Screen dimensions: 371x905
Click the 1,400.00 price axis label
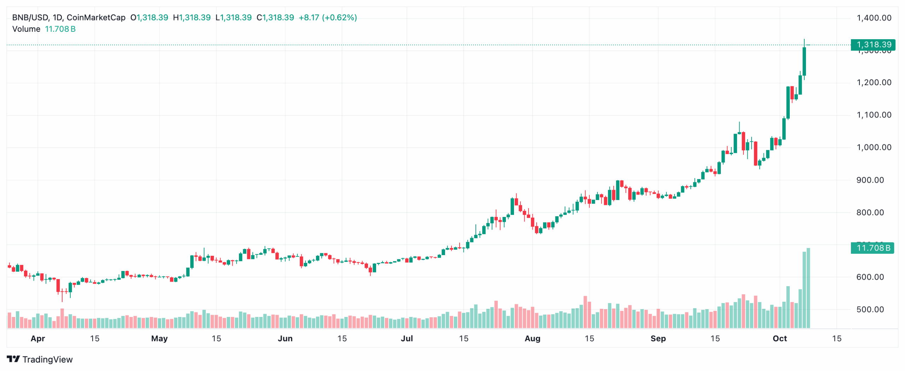click(x=873, y=18)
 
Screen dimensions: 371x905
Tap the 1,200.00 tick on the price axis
click(x=873, y=83)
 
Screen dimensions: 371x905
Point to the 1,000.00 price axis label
click(x=873, y=147)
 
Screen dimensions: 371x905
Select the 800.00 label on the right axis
click(x=870, y=212)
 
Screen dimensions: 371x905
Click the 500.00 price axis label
click(x=870, y=310)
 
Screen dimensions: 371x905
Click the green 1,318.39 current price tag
click(x=872, y=45)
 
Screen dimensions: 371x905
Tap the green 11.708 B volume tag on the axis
click(x=872, y=248)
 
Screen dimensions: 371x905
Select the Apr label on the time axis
click(x=38, y=338)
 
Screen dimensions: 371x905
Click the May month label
click(x=159, y=338)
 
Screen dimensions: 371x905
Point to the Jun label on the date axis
click(x=285, y=338)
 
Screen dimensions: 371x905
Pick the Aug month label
click(x=532, y=338)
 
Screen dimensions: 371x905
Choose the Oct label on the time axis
click(x=780, y=338)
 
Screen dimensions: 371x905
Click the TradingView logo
click(x=40, y=359)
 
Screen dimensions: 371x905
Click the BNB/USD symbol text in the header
click(x=30, y=18)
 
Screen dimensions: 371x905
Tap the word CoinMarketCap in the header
click(x=96, y=18)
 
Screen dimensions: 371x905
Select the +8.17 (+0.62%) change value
click(x=327, y=18)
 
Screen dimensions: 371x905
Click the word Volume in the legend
click(x=26, y=29)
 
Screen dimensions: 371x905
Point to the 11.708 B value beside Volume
click(x=60, y=29)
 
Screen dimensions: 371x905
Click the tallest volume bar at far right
click(x=808, y=288)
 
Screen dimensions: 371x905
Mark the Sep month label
click(x=658, y=338)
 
